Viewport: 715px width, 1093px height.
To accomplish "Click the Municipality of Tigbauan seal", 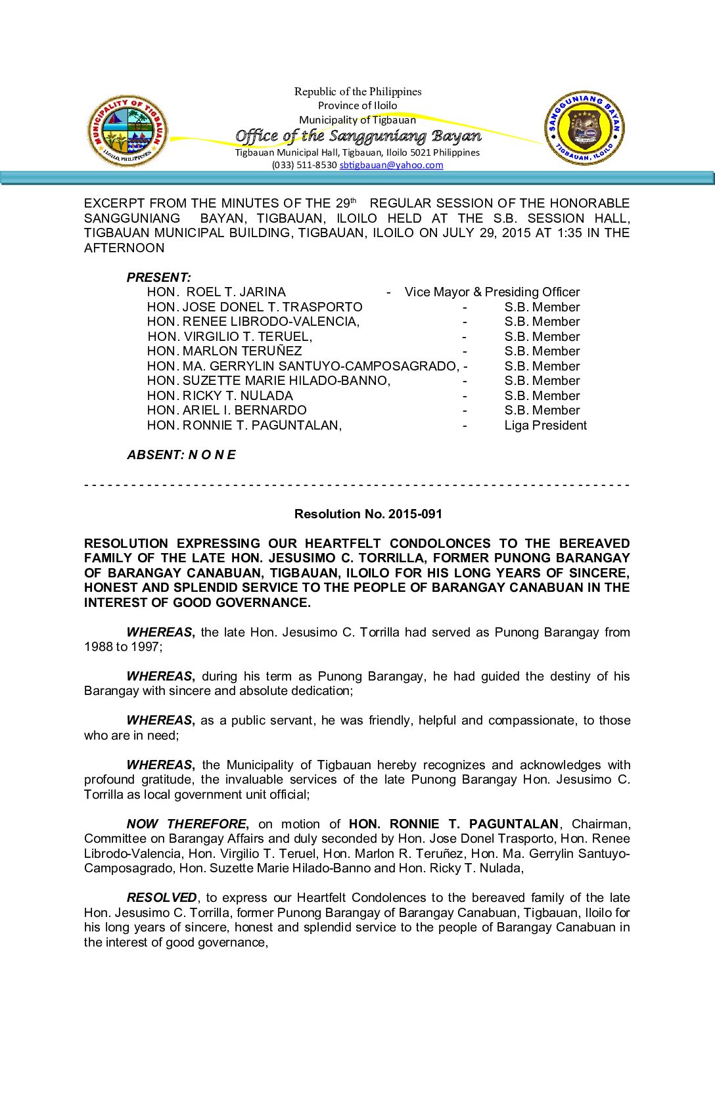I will pos(127,131).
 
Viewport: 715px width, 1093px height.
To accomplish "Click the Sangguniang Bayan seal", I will pos(584,128).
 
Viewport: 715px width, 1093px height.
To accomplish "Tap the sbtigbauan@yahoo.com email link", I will pos(391,165).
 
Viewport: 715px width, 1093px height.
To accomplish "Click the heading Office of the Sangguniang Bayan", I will pos(358,136).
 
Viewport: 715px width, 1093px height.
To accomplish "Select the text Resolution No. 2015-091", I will pos(368,514).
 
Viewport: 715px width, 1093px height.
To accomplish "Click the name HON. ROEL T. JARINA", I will pos(216,292).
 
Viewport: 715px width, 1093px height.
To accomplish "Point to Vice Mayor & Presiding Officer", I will pos(492,292).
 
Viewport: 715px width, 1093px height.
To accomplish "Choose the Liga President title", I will pos(545,425).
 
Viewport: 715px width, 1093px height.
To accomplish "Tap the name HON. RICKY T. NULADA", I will pos(220,395).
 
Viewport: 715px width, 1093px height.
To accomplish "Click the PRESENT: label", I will pos(159,277).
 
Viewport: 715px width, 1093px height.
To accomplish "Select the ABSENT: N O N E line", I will pos(181,455).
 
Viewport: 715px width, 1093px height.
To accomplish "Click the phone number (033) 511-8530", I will pos(304,165).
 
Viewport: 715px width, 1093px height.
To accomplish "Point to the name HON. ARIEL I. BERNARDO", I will pos(227,410).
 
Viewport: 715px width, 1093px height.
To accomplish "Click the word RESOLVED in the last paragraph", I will pos(162,897).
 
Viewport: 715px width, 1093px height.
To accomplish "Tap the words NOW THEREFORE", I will pos(187,824).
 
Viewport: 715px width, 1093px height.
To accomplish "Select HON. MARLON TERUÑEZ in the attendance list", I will pos(225,351).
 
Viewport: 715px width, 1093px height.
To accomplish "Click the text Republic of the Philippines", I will pos(357,91).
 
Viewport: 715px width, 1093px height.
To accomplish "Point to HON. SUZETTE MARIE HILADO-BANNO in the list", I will pos(269,380).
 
